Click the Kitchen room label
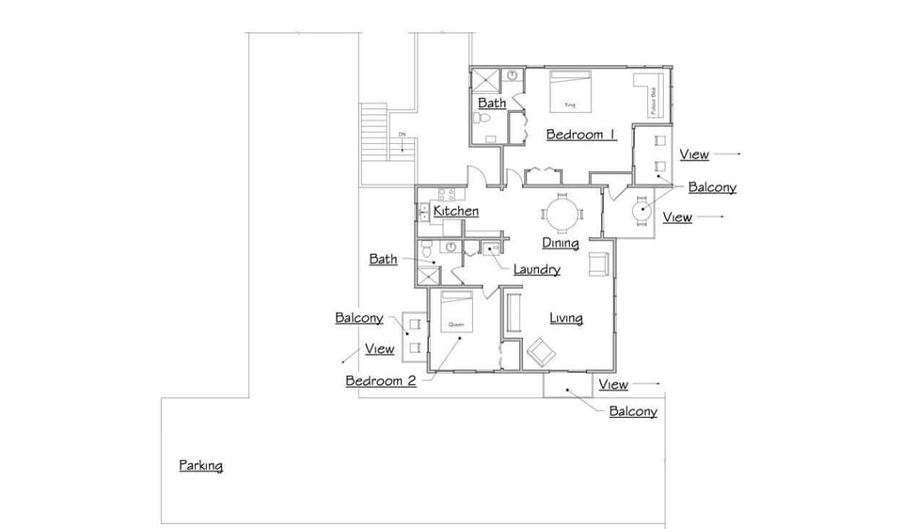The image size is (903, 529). pos(456,212)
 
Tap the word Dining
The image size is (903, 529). pos(560,244)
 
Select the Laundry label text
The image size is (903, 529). pos(536,270)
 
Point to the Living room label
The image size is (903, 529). pos(566,318)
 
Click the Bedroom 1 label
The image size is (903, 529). pos(581,135)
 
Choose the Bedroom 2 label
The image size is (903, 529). pos(380,381)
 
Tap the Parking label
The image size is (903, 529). pos(201,466)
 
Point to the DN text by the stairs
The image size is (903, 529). pos(402,136)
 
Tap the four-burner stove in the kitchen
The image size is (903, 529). pos(446,196)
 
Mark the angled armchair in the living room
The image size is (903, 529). pos(542,352)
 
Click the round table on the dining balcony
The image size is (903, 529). pos(642,211)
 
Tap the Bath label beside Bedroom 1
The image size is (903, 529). pos(492,103)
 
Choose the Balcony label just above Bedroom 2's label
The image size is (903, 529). pos(359,318)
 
